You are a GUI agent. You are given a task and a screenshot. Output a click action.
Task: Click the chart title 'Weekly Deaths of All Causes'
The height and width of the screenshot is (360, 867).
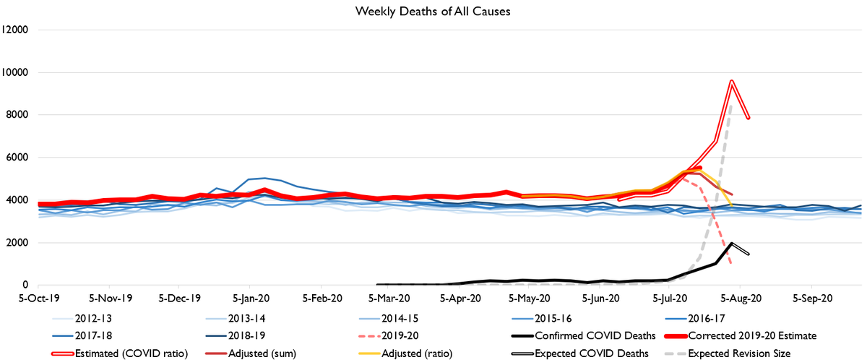(x=433, y=12)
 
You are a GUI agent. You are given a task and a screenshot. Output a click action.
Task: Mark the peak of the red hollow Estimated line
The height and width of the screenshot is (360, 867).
(x=732, y=81)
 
